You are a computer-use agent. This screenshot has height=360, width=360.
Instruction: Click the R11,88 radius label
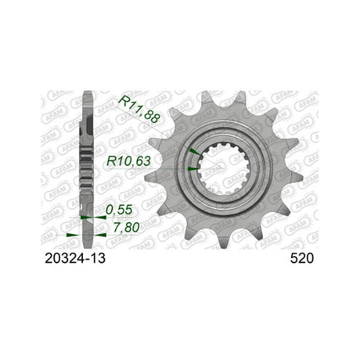(x=139, y=110)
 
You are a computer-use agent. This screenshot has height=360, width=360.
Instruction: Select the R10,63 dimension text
(x=128, y=161)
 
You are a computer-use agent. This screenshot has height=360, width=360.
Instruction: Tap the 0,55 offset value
(x=119, y=210)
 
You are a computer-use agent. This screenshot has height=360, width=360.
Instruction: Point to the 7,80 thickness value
(x=126, y=228)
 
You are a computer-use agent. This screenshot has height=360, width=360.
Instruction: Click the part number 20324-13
(x=75, y=258)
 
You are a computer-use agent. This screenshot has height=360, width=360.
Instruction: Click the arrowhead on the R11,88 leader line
(x=195, y=152)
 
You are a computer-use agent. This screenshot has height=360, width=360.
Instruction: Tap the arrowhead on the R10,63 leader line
(x=193, y=169)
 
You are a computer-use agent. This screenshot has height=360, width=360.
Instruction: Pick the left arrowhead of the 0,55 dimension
(x=85, y=217)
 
